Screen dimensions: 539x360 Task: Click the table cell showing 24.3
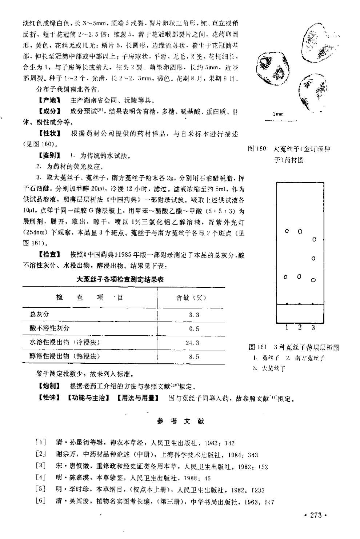tap(192, 343)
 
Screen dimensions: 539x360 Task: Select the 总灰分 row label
tap(39, 314)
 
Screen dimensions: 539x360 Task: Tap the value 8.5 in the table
tap(194, 356)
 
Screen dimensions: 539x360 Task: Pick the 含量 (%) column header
tap(191, 298)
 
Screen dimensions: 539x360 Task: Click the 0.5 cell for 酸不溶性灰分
tap(194, 328)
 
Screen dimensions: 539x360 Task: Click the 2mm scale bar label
tap(278, 114)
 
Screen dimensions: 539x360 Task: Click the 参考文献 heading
tap(180, 421)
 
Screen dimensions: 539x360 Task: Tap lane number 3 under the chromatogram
tap(313, 327)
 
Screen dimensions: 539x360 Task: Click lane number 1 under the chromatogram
tap(287, 327)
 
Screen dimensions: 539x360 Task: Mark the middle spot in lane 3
tap(313, 259)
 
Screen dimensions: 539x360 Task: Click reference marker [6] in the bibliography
tap(41, 502)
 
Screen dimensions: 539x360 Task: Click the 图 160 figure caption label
tap(257, 149)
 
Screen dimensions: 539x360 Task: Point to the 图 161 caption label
tap(258, 347)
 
